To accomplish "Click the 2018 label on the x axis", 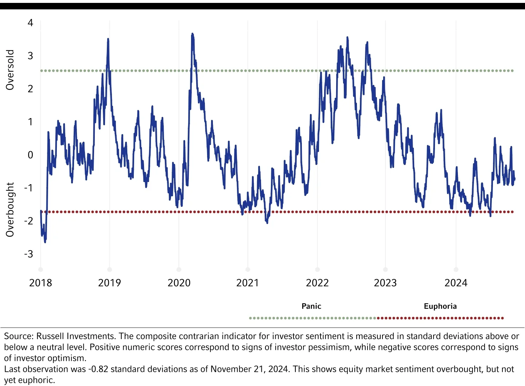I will click(40, 283).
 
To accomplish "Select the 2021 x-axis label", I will click(248, 283).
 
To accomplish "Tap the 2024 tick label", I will click(456, 283).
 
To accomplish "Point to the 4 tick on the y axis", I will click(30, 23).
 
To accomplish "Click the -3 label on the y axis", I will click(28, 254).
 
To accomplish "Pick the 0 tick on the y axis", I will click(30, 155).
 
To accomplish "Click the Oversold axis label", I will click(10, 70).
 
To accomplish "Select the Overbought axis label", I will click(10, 210).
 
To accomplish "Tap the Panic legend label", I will click(311, 306).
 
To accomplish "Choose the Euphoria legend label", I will click(440, 306).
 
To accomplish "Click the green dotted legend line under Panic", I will click(312, 318).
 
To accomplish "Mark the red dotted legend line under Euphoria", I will click(440, 318).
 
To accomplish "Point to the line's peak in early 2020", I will click(192, 34).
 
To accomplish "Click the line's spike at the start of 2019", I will click(108, 39).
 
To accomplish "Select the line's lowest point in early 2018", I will click(45, 242).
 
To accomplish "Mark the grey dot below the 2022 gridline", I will click(317, 269).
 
